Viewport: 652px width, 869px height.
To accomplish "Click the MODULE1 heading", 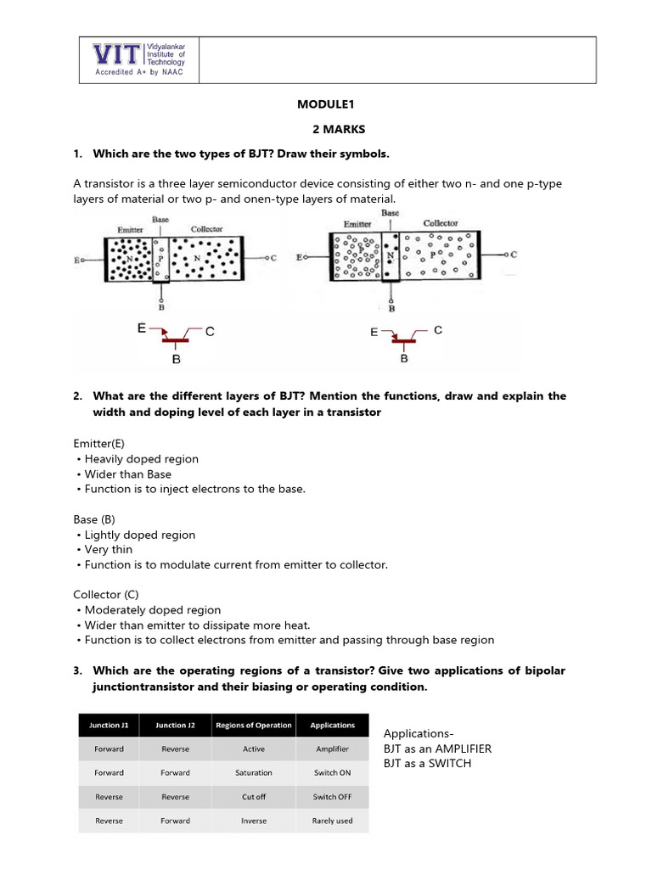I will [325, 104].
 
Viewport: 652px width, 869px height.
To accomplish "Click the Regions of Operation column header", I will [254, 725].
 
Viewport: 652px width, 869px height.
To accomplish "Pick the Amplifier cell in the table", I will [332, 748].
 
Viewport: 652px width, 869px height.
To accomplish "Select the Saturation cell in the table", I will [254, 772].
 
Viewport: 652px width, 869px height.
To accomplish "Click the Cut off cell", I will [254, 797].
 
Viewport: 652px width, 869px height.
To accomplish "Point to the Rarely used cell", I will [332, 821].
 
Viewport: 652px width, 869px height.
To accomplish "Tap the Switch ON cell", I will [332, 772].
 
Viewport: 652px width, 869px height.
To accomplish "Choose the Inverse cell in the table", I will [254, 821].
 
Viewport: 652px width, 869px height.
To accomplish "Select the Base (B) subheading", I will [93, 519].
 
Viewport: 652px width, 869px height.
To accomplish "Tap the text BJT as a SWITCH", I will [427, 763].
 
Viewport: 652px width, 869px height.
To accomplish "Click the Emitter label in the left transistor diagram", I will [130, 230].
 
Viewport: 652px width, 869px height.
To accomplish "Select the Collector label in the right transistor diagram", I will [441, 223].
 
